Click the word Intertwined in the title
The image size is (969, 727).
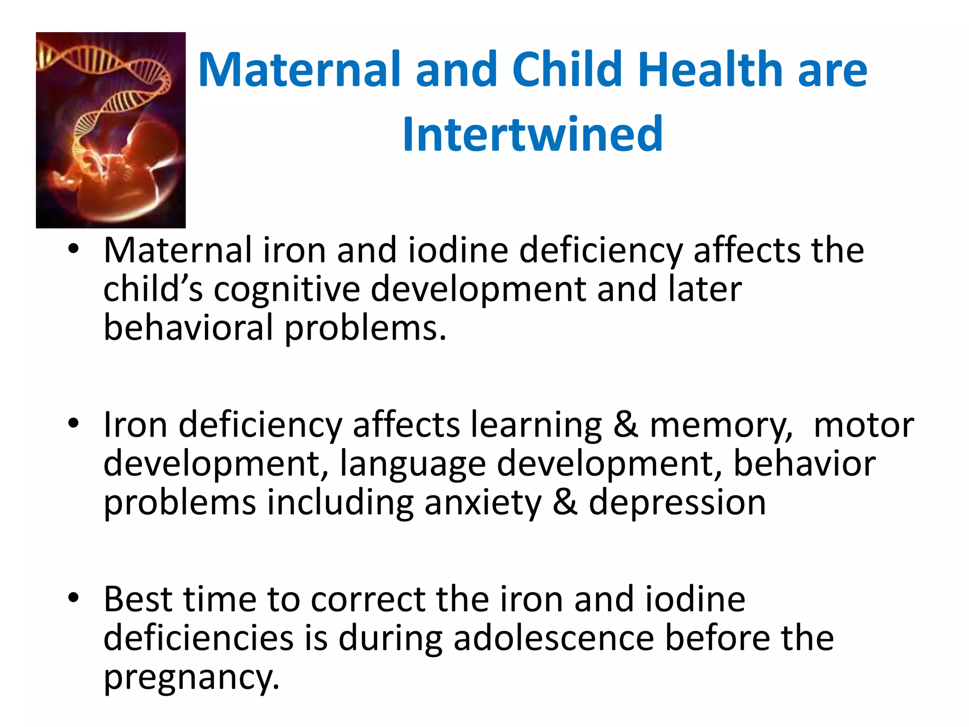click(x=532, y=134)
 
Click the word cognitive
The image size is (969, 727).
click(x=287, y=290)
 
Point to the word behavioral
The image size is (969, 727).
click(x=188, y=328)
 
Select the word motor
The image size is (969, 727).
click(x=863, y=425)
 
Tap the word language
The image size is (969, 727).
click(x=413, y=464)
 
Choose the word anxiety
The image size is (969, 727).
click(x=483, y=503)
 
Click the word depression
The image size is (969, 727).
click(x=677, y=503)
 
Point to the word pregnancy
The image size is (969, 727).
click(x=191, y=678)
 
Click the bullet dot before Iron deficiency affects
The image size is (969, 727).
click(x=73, y=423)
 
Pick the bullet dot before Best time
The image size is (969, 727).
click(x=73, y=598)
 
